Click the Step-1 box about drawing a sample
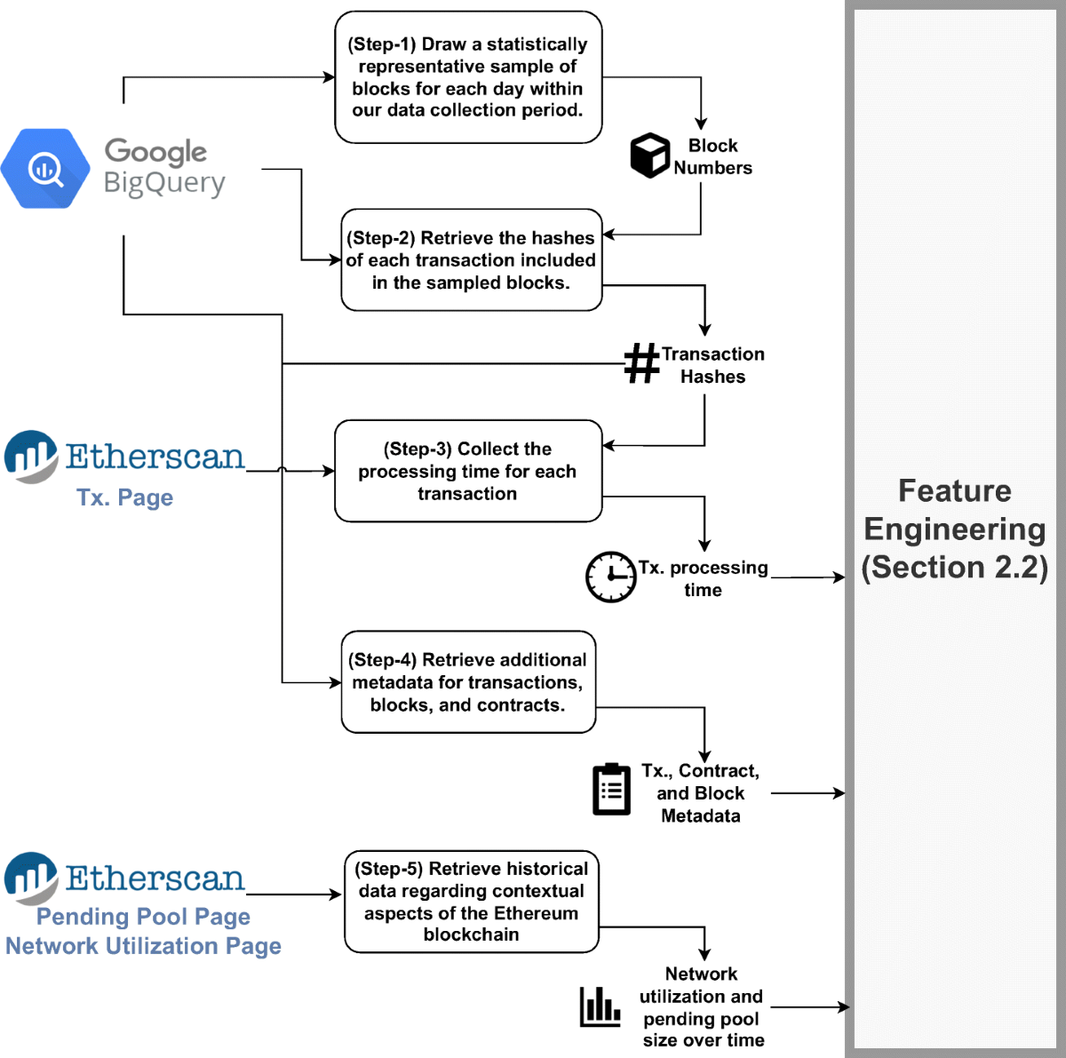pos(468,77)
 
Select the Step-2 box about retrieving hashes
pos(471,260)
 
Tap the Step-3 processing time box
pos(467,471)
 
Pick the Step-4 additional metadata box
pos(468,682)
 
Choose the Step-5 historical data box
pos(471,902)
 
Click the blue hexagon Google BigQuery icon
pos(45,168)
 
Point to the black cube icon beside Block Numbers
pos(649,155)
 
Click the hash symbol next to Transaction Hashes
pos(641,364)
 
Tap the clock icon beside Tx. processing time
pos(610,577)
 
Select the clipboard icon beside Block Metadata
pos(611,789)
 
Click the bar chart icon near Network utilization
pos(601,1006)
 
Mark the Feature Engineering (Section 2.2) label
pos(955,529)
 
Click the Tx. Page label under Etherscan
pos(124,497)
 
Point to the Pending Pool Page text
pos(143,917)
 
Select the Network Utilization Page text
pos(143,946)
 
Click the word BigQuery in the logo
pos(164,183)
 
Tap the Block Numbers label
pos(712,156)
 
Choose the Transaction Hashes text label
pos(712,365)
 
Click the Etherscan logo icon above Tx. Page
pos(31,456)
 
